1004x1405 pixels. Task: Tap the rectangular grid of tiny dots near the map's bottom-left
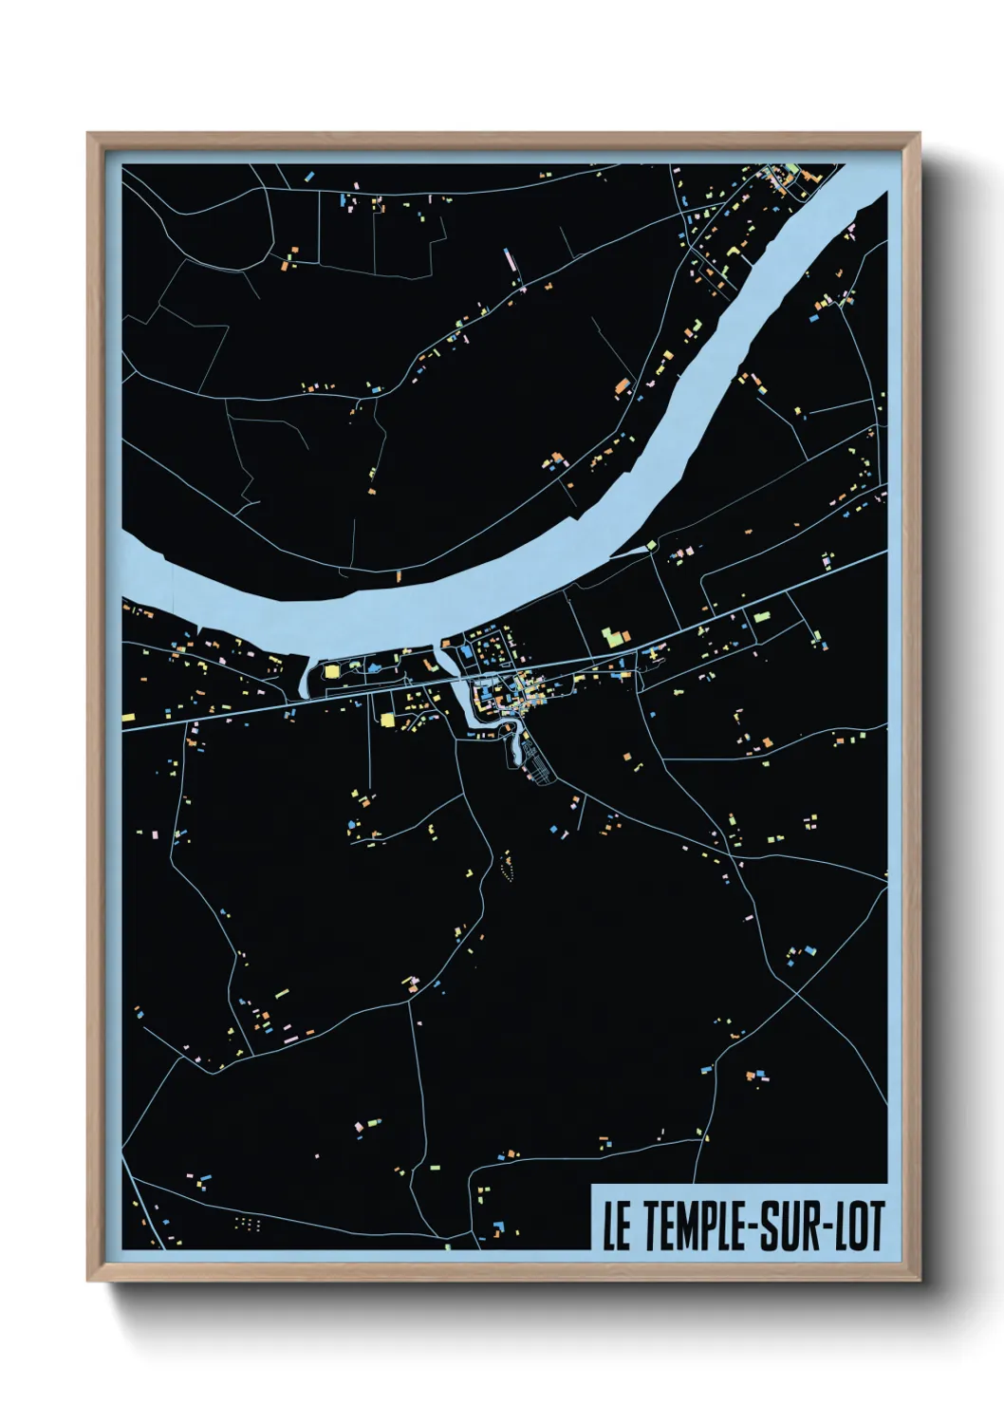click(x=247, y=1224)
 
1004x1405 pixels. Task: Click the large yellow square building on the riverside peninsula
click(x=332, y=671)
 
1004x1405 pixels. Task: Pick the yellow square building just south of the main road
click(x=387, y=720)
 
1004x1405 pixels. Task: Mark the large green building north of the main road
click(x=613, y=635)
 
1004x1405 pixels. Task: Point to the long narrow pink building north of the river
click(x=510, y=259)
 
